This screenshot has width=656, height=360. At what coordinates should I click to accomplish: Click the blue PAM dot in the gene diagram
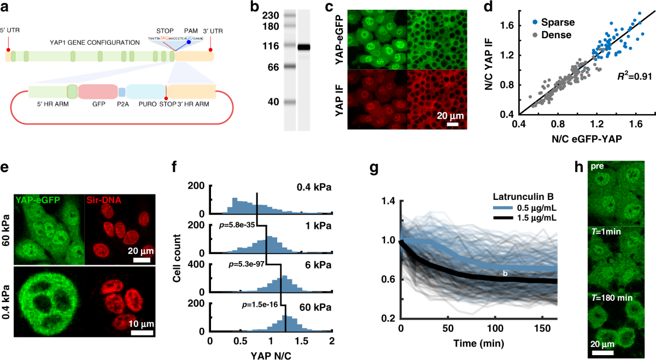pos(189,42)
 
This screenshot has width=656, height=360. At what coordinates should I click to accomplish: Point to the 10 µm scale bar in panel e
pos(142,332)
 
